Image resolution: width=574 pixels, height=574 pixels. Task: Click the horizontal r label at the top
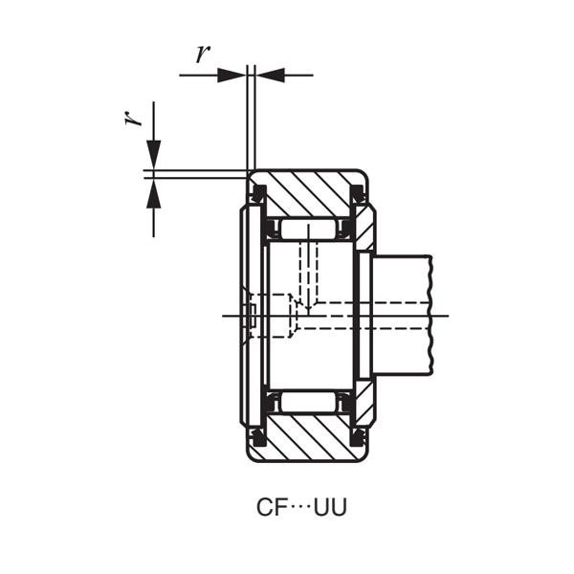202,54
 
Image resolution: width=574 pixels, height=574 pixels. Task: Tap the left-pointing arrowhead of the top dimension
270,75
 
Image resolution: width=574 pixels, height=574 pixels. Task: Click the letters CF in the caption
271,507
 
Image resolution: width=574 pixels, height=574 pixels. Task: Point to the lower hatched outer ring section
311,437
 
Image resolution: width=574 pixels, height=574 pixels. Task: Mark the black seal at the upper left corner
257,194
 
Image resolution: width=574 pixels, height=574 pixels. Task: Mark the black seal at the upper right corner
360,194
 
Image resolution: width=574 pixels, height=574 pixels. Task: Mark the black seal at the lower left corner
257,437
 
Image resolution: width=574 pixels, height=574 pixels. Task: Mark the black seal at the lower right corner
360,437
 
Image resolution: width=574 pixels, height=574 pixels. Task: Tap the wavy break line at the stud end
432,316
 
